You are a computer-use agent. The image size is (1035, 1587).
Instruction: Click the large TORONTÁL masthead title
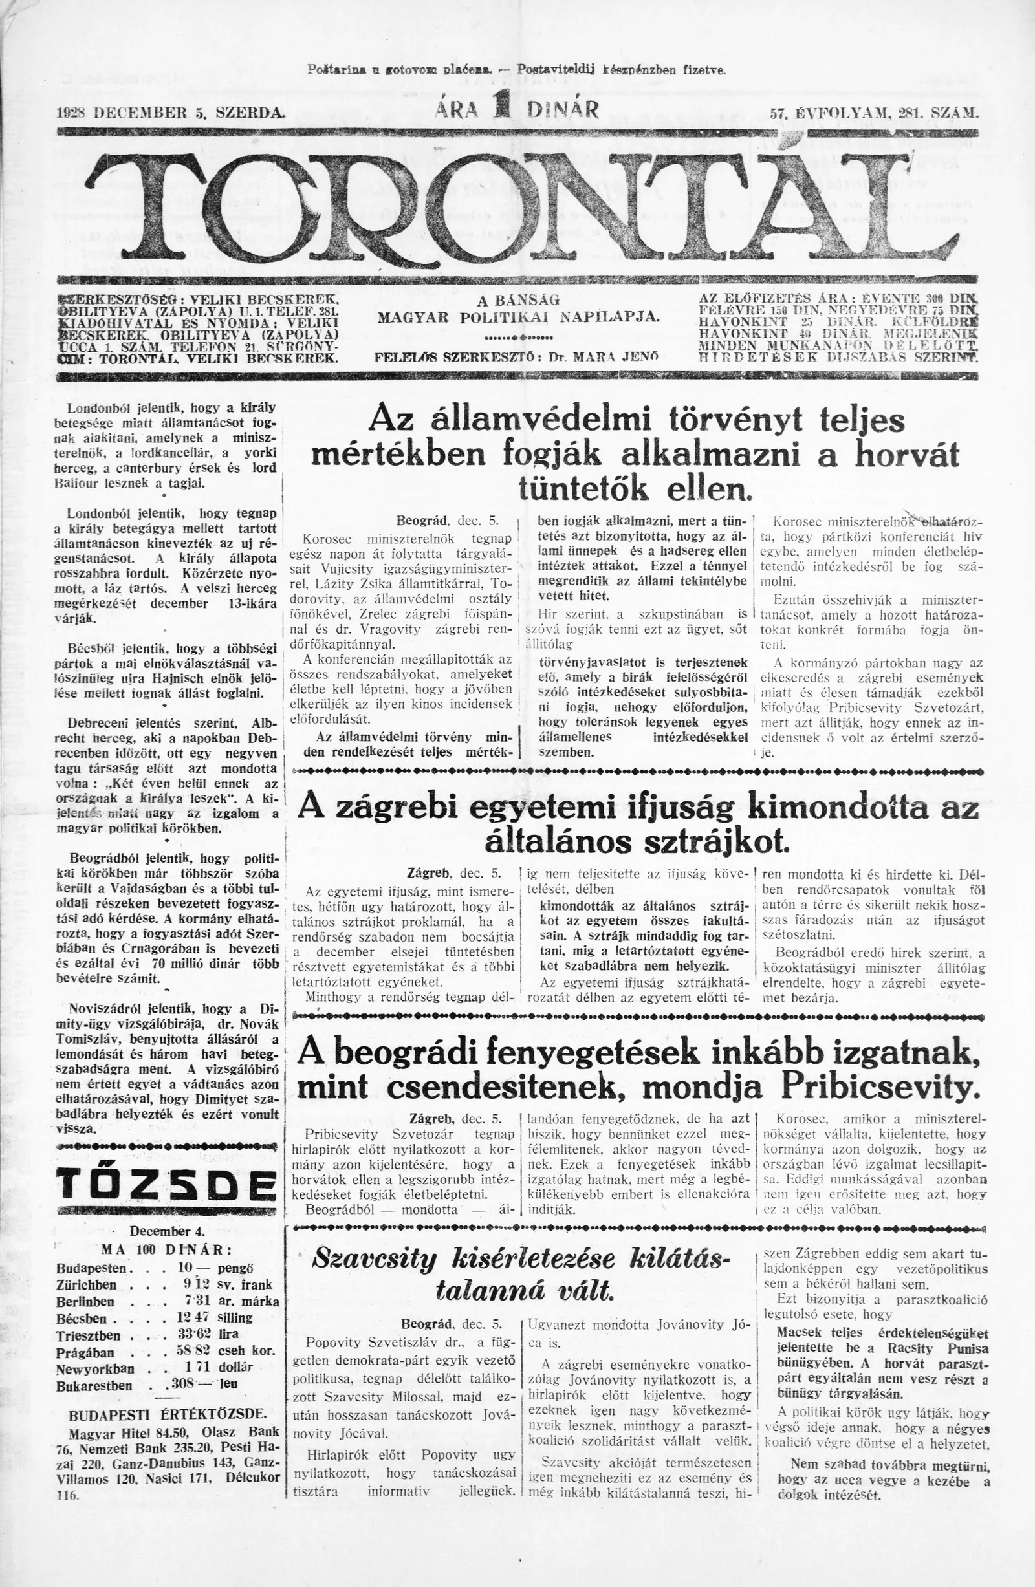[517, 208]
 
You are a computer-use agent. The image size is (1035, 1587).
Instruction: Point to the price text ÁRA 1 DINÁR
[517, 109]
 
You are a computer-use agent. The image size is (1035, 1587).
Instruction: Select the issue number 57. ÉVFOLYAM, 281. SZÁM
[875, 113]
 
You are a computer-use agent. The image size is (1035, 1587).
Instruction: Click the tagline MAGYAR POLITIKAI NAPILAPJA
[518, 316]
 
